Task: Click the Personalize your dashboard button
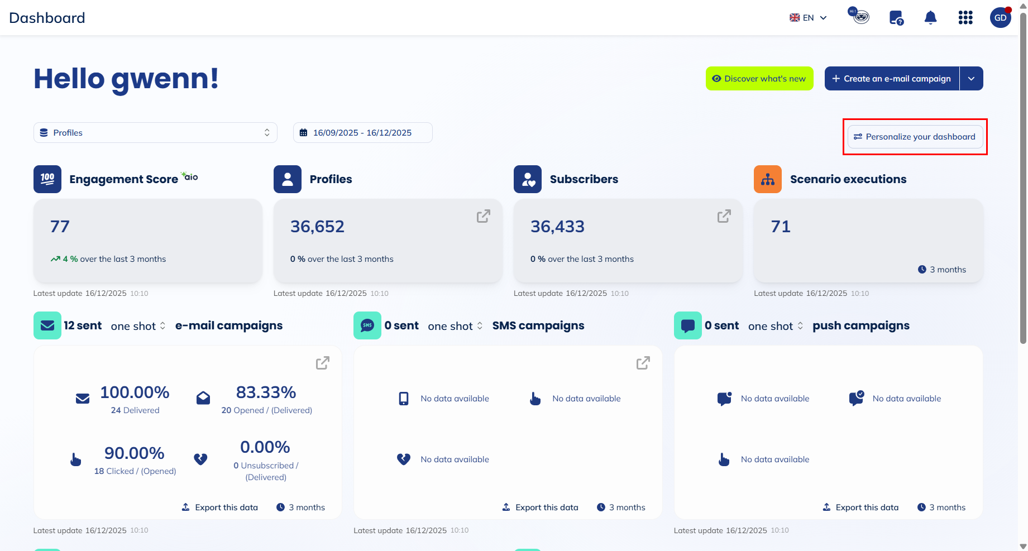coord(915,137)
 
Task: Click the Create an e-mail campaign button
coord(892,79)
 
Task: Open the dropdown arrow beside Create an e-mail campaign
coord(972,79)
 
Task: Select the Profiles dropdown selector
coord(155,133)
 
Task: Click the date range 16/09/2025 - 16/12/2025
coord(362,133)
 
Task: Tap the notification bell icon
coord(930,18)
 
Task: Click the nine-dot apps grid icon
coord(965,18)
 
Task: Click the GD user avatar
coord(1000,18)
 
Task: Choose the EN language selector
coord(808,18)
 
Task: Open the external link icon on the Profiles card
coord(484,216)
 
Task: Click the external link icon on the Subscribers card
coord(724,216)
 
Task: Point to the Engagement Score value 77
coord(60,227)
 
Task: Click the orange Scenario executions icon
coord(768,179)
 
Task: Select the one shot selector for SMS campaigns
coord(455,326)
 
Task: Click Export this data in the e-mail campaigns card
coord(221,507)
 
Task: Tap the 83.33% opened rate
coord(266,392)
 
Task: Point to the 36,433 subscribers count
coord(557,227)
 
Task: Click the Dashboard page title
coord(47,18)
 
